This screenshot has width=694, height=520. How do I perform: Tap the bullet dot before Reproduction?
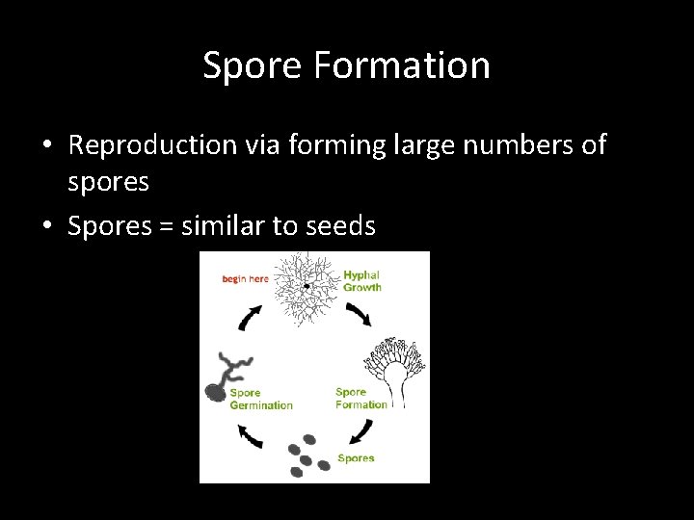pos(46,146)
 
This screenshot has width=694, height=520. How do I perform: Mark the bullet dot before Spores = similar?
pos(46,227)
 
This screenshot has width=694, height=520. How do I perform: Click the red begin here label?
pos(245,279)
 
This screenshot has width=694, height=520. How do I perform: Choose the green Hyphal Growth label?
pos(362,281)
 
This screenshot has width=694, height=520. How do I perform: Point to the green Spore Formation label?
pos(360,398)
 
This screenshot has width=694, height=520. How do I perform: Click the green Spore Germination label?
pos(260,399)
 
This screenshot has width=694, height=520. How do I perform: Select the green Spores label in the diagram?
pos(356,458)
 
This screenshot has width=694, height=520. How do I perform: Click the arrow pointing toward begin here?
pos(250,318)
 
